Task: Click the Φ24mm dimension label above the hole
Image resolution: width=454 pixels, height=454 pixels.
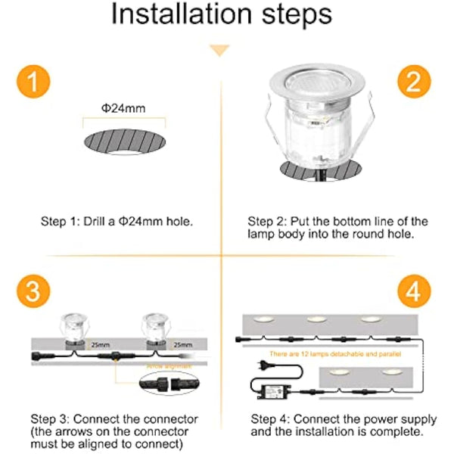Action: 123,108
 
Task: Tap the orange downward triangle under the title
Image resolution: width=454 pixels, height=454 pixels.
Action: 220,51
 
